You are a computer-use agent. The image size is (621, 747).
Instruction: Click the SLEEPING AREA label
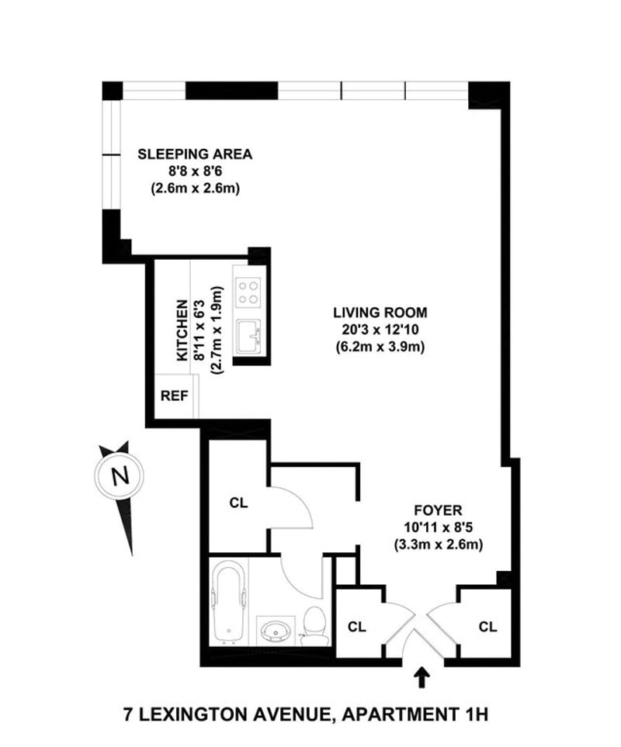[x=195, y=154]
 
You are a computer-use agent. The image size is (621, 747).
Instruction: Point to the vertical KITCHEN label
[x=182, y=330]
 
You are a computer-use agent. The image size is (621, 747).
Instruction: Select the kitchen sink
[x=250, y=337]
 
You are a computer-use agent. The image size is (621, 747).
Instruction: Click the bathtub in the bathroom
[x=227, y=603]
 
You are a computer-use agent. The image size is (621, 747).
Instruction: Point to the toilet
[x=314, y=625]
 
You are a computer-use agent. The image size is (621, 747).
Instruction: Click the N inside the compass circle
[x=119, y=476]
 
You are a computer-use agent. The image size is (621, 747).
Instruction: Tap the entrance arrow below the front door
[x=422, y=679]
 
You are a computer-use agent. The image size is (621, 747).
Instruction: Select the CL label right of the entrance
[x=487, y=626]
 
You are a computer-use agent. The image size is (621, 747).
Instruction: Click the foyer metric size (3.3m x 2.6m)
[x=439, y=543]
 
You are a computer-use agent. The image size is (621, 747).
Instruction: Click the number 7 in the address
[x=130, y=713]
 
